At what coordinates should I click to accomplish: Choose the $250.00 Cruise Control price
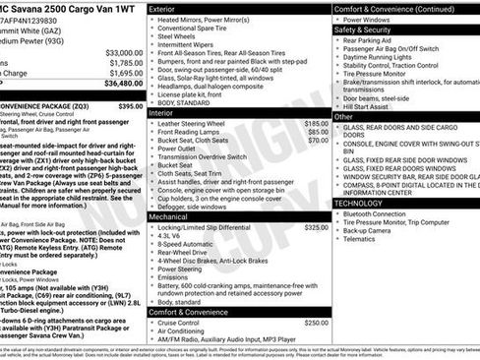tap(316, 323)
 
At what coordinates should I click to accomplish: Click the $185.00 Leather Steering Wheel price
tap(316, 124)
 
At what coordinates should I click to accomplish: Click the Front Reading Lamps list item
tap(192, 133)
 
